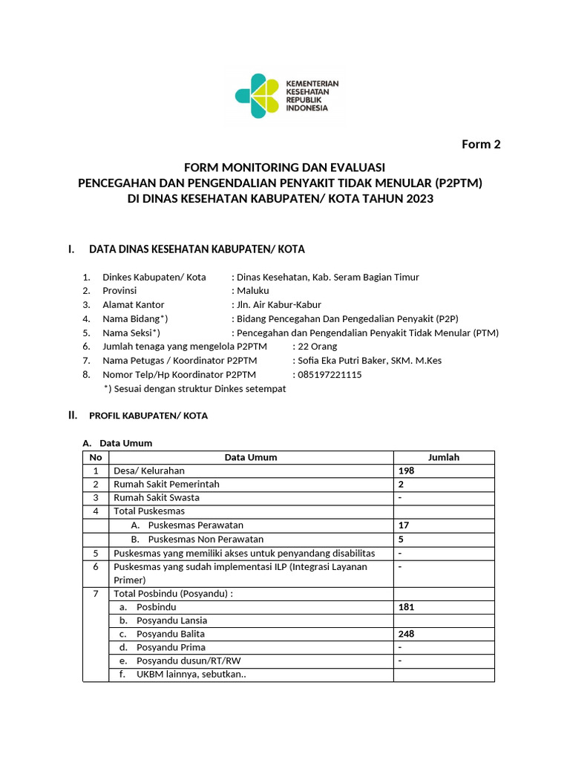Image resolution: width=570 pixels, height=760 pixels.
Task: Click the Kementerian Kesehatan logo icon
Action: (257, 96)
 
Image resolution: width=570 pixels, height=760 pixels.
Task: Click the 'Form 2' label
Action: (481, 144)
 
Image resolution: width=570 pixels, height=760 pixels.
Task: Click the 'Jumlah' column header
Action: (444, 457)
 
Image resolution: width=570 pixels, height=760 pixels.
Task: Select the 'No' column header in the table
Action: (95, 457)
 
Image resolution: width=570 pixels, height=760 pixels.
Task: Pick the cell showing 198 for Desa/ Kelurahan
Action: (406, 471)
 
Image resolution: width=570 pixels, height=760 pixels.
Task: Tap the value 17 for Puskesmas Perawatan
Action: (404, 525)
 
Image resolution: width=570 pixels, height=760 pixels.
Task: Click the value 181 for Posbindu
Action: (406, 606)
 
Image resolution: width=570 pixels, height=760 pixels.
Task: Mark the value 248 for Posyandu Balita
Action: (406, 634)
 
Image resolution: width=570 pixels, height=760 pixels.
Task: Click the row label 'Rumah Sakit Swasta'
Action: (157, 497)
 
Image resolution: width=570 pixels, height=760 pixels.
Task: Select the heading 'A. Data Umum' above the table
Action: (120, 443)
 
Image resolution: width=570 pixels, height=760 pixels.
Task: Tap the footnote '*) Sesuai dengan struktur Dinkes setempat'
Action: (194, 388)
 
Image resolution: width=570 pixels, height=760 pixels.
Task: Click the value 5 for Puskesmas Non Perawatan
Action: (402, 539)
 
